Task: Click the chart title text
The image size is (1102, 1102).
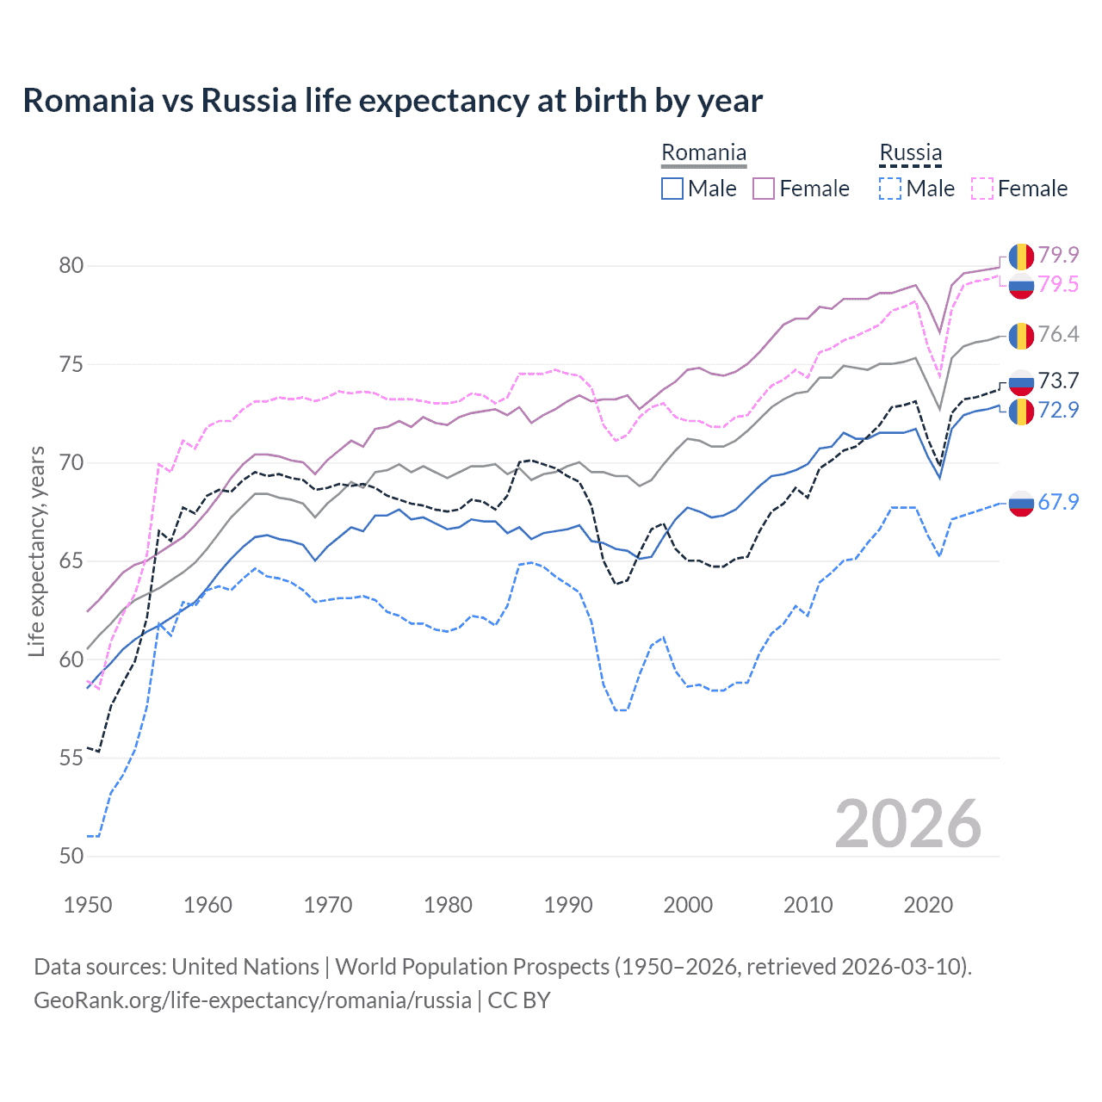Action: (x=393, y=101)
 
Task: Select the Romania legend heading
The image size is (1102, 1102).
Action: (x=703, y=153)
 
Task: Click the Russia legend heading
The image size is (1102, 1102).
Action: (x=910, y=153)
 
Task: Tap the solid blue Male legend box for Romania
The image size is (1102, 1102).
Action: (x=672, y=189)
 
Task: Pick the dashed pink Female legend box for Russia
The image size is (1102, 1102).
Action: (x=982, y=189)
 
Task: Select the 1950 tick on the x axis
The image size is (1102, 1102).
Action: (x=88, y=905)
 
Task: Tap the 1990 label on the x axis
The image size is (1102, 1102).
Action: (x=568, y=905)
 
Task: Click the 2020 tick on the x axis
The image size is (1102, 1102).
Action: (x=928, y=905)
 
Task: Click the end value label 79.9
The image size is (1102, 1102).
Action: (x=1058, y=255)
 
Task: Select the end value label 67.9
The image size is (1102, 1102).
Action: (x=1058, y=502)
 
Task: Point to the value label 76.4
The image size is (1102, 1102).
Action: (x=1058, y=334)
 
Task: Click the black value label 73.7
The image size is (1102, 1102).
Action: (x=1058, y=381)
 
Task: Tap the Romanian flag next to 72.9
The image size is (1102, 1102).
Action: (x=1021, y=411)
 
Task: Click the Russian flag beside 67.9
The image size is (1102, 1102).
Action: (x=1021, y=503)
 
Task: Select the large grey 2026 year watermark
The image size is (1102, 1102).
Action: (x=907, y=824)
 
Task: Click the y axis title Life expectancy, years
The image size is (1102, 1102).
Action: (x=37, y=551)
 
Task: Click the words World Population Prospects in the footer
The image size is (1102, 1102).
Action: (x=472, y=967)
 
